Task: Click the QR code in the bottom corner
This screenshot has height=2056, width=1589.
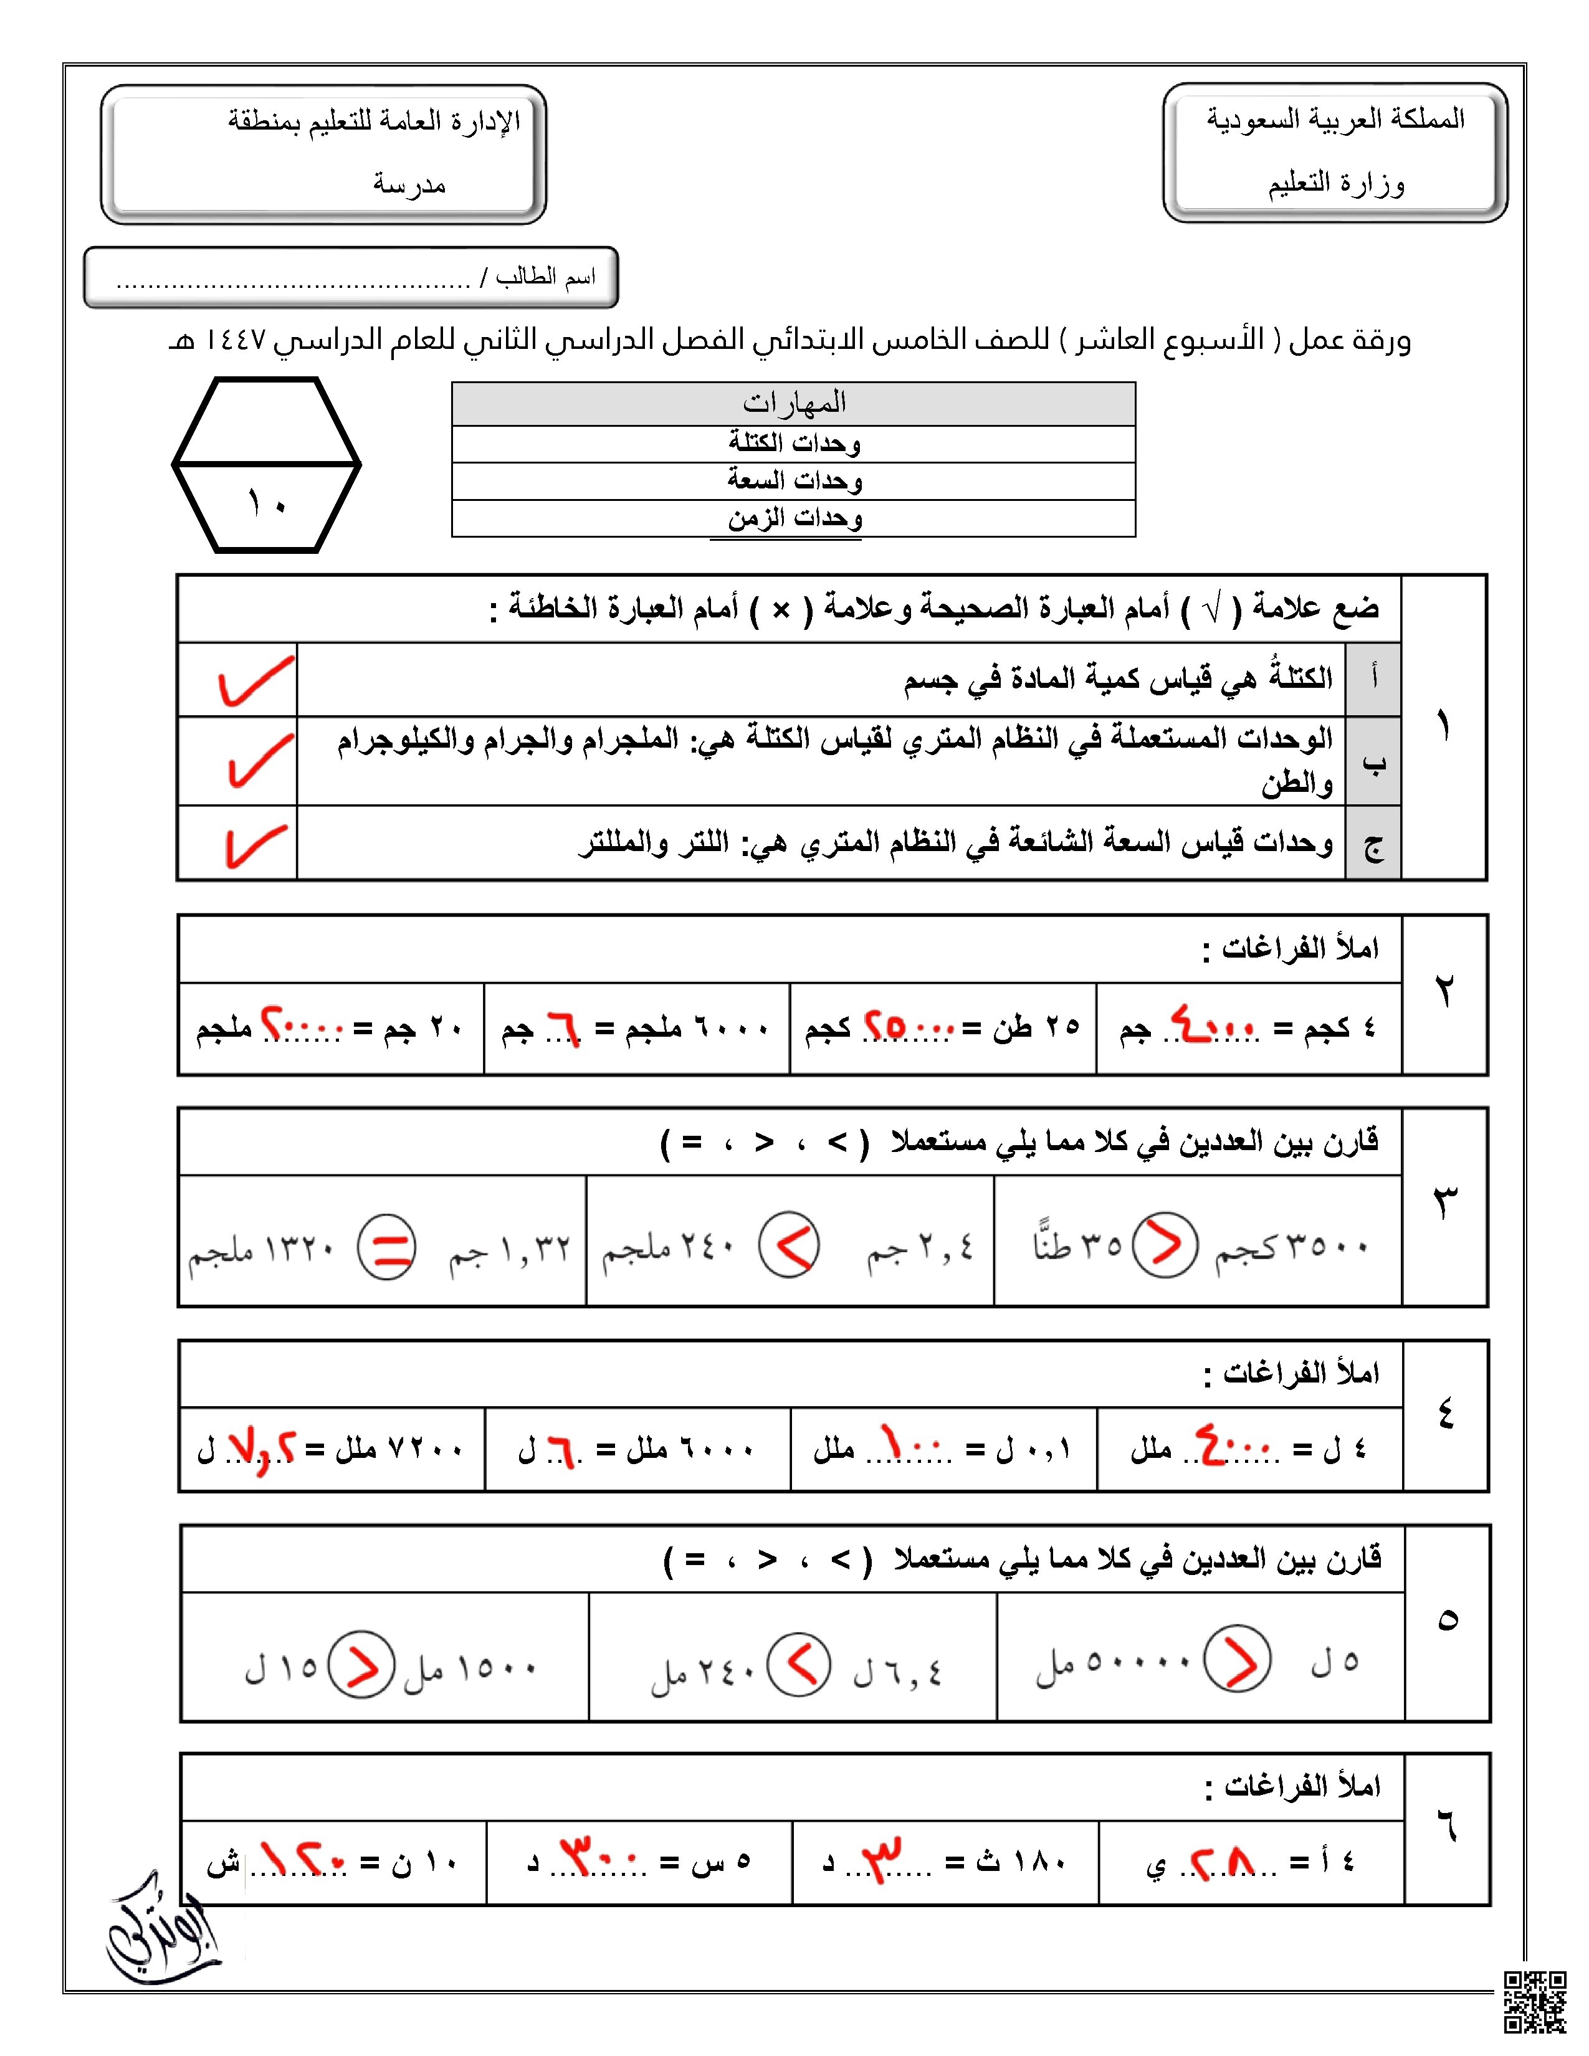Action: (1534, 2003)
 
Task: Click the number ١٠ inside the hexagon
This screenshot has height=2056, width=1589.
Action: (267, 505)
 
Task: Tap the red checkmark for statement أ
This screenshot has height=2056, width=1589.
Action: (254, 680)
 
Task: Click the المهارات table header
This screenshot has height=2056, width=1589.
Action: (793, 404)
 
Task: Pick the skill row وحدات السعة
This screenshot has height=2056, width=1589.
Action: (793, 480)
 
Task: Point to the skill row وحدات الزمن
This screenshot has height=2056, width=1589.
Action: (793, 518)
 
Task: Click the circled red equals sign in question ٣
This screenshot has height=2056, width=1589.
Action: (386, 1249)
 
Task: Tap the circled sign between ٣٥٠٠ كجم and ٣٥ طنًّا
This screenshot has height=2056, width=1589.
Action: (1165, 1245)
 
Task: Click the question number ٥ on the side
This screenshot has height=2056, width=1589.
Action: (1447, 1619)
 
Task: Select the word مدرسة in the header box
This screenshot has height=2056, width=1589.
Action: (409, 184)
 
